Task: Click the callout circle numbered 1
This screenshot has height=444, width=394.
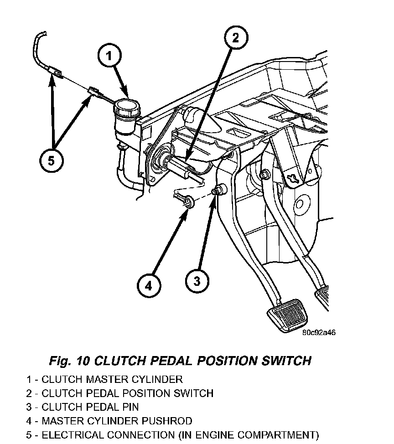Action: pyautogui.click(x=109, y=57)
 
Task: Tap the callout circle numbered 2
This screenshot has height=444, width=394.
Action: pyautogui.click(x=235, y=38)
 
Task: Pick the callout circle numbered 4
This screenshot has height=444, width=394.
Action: pyautogui.click(x=149, y=286)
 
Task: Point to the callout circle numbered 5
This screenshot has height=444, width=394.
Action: pyautogui.click(x=51, y=160)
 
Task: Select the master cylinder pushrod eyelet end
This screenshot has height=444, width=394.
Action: pyautogui.click(x=187, y=201)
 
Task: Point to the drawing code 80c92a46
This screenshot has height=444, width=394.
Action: pyautogui.click(x=319, y=332)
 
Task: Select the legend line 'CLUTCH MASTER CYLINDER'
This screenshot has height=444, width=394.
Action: pyautogui.click(x=104, y=379)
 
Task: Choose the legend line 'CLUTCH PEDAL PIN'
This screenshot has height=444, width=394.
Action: pyautogui.click(x=83, y=407)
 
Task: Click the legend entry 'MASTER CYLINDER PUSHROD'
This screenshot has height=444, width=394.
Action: pyautogui.click(x=109, y=421)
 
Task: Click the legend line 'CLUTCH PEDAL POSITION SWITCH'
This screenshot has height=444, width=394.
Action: pyautogui.click(x=119, y=393)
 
